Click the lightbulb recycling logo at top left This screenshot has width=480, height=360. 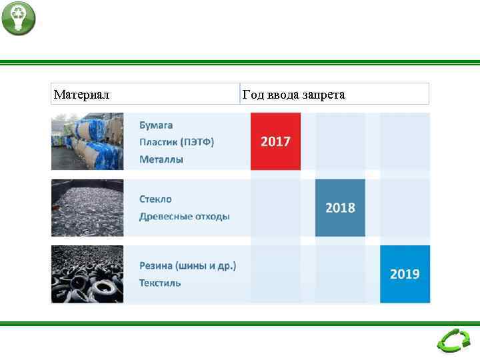click(18, 19)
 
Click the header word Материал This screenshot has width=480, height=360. click(82, 95)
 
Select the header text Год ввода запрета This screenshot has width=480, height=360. click(294, 95)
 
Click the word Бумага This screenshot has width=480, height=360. click(156, 125)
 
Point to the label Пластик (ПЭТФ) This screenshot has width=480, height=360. click(177, 142)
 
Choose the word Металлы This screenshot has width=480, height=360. click(161, 159)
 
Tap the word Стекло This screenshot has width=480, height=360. click(155, 199)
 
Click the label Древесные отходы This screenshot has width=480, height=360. click(185, 217)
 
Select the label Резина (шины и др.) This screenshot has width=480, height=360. click(187, 265)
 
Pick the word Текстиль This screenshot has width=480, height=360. click(160, 283)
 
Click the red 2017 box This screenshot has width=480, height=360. click(275, 141)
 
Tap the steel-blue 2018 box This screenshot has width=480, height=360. click(340, 208)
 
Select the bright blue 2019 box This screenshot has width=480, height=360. click(405, 274)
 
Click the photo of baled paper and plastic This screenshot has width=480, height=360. click(87, 141)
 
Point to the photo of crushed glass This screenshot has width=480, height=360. click(87, 208)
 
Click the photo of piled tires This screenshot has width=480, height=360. click(87, 274)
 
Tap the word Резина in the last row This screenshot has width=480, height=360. click(155, 265)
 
